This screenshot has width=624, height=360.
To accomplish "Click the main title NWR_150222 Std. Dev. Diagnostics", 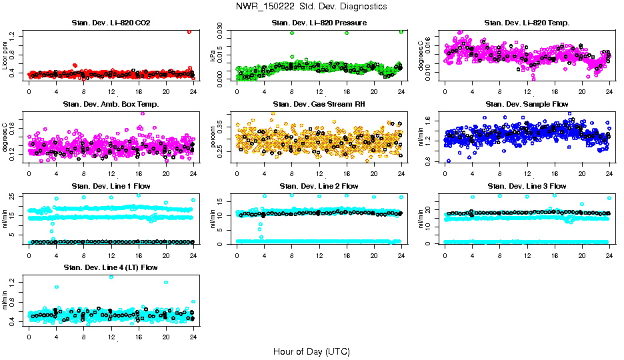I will (x=311, y=6).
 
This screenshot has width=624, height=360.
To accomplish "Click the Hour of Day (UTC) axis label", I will (x=311, y=351).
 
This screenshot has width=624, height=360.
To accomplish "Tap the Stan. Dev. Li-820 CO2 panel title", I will (x=111, y=23).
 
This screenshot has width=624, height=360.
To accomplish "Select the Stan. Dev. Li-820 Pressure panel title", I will (x=319, y=23).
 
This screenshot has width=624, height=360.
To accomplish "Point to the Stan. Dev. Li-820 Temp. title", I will (x=527, y=23).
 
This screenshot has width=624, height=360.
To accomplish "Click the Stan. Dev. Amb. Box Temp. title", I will (x=111, y=105).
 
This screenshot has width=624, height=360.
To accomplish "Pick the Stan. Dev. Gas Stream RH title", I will (x=319, y=105).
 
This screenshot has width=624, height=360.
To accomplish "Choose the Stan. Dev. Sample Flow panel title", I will (x=527, y=105).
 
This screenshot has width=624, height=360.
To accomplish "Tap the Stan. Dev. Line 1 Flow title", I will (x=111, y=186).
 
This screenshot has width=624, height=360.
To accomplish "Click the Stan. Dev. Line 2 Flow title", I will (x=319, y=186).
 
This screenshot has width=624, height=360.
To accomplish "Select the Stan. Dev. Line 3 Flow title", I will (x=527, y=186).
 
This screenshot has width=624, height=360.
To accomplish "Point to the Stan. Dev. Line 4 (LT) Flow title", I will (x=111, y=267).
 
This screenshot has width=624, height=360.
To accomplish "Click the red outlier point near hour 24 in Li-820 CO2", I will (x=189, y=31).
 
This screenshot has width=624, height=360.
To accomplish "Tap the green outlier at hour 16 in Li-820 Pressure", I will (x=347, y=33).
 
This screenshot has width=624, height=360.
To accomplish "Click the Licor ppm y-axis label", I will (x=5, y=55).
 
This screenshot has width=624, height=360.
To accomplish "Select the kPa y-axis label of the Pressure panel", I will (x=213, y=56).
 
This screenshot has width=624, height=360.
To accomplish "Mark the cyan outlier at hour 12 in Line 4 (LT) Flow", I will (x=111, y=277).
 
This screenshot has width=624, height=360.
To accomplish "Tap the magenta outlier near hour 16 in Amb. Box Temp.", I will (x=142, y=113).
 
